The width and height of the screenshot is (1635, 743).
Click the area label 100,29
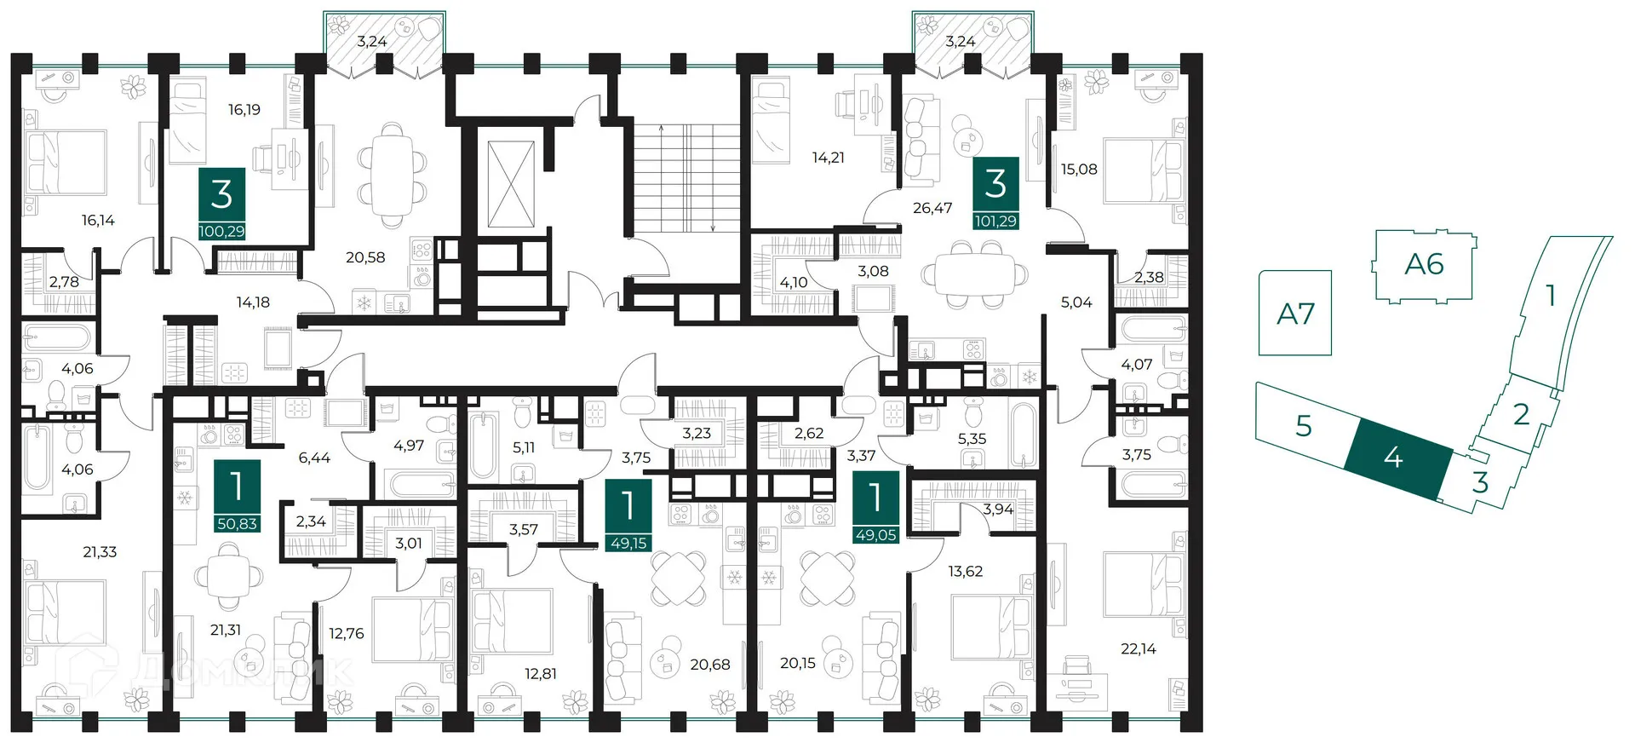221,231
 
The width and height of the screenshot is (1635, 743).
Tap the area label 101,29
995,221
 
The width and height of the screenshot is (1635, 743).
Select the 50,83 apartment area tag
237,523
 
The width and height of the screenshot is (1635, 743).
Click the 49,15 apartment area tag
628,543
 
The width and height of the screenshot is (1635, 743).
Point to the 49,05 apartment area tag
875,534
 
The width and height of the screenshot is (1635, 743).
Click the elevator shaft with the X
511,185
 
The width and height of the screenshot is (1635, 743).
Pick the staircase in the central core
688,177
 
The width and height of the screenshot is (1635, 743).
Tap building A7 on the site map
1295,313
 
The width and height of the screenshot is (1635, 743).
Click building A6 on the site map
1424,264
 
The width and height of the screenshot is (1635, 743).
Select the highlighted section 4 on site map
1397,458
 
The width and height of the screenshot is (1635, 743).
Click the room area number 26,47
932,208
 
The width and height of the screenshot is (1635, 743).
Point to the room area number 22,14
1139,649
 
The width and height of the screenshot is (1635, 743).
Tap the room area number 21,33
100,552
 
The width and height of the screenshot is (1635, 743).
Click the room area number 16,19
244,110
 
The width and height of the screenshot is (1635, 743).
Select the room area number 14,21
829,158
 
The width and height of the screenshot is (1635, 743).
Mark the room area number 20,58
365,257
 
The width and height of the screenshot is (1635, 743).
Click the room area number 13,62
966,572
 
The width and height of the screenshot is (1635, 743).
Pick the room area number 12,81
541,674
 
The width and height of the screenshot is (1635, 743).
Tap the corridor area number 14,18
253,302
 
